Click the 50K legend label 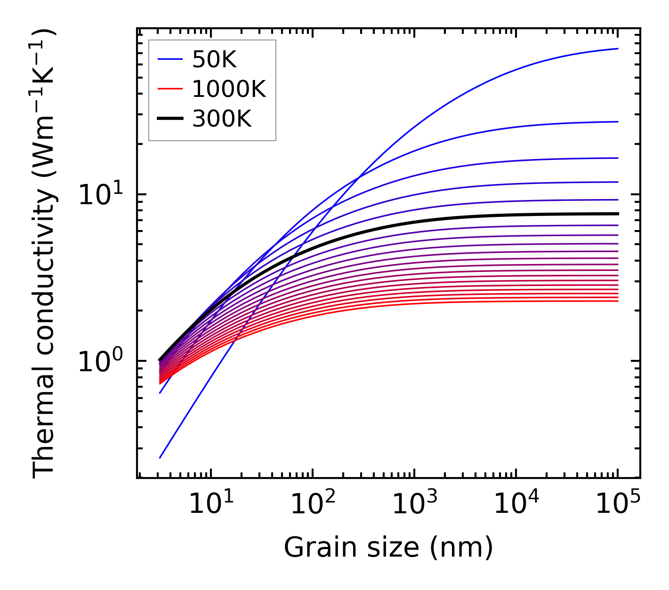(x=214, y=59)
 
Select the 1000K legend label (x=229, y=89)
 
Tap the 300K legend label (x=222, y=119)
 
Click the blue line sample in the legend (x=170, y=59)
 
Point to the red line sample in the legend (x=170, y=89)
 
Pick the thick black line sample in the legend (x=170, y=119)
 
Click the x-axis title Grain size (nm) (x=388, y=548)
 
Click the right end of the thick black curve (x=618, y=214)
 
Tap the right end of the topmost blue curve (x=618, y=48)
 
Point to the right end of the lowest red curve (x=618, y=301)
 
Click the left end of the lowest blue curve (x=160, y=458)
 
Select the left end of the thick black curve (x=160, y=360)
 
